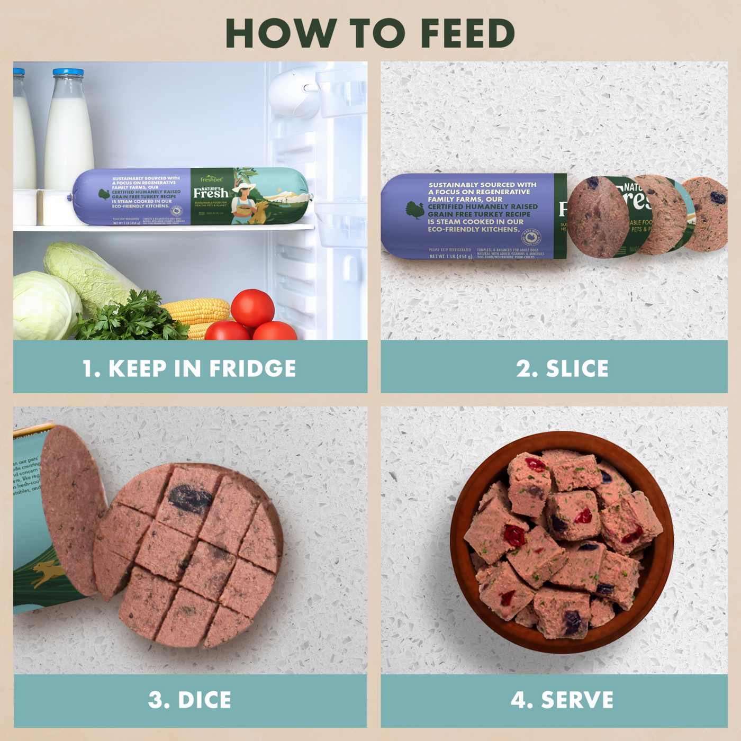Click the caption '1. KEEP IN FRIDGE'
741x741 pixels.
[x=189, y=368]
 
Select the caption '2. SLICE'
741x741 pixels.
[x=562, y=368]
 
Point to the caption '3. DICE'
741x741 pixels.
[x=189, y=700]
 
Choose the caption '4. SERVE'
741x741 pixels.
[x=562, y=700]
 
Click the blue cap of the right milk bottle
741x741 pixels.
[x=68, y=73]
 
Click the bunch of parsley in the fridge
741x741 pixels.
[x=132, y=318]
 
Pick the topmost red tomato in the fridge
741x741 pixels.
[x=252, y=307]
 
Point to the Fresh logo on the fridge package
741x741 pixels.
[x=211, y=192]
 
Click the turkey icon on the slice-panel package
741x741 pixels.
[x=415, y=210]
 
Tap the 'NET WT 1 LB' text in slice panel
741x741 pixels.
[x=450, y=257]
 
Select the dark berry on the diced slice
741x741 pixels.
[x=190, y=498]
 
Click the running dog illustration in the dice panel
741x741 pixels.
[x=44, y=574]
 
